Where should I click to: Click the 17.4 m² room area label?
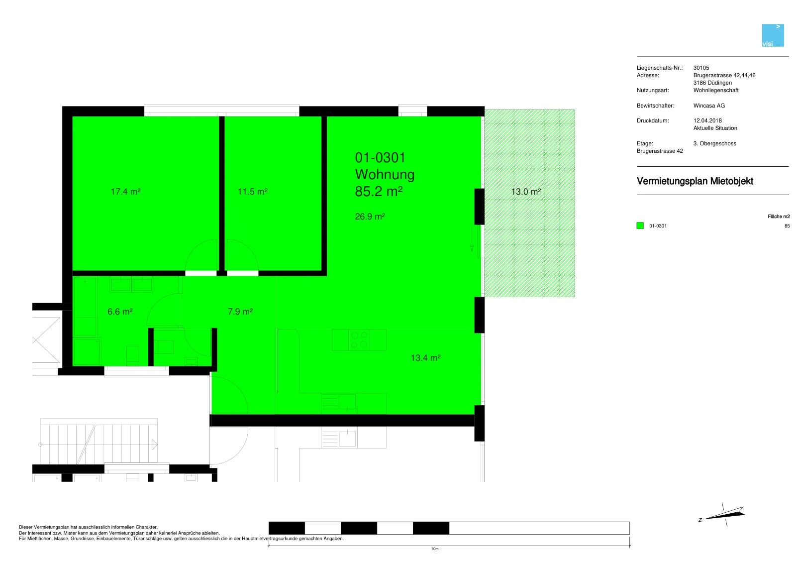(x=126, y=192)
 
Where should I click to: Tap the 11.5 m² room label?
(x=252, y=192)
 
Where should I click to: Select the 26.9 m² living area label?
(x=370, y=216)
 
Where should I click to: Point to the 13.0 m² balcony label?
(x=526, y=192)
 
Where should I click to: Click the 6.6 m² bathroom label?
(x=120, y=312)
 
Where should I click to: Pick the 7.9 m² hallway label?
(x=240, y=312)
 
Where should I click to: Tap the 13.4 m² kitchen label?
(x=425, y=358)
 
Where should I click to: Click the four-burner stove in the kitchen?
(x=359, y=340)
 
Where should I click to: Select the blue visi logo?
(x=773, y=35)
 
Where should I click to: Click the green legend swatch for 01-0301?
(x=640, y=225)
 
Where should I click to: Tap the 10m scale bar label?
(x=435, y=549)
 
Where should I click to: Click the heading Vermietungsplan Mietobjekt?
(x=695, y=181)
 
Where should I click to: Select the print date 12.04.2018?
(x=707, y=120)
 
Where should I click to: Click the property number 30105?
(x=701, y=68)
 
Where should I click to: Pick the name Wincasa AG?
(x=709, y=106)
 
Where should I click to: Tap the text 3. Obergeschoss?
(x=714, y=144)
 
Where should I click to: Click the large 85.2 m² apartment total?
(x=379, y=191)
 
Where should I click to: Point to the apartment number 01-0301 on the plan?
(x=380, y=158)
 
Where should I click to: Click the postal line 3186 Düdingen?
(x=712, y=83)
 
